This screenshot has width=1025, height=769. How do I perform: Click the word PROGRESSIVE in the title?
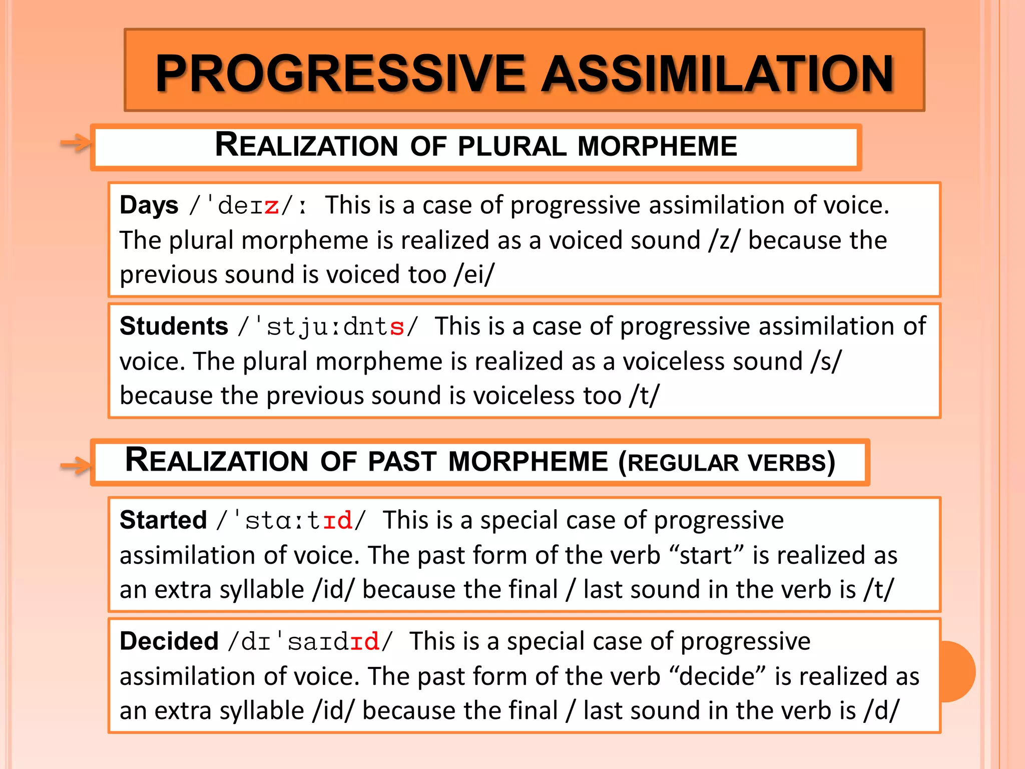[340, 74]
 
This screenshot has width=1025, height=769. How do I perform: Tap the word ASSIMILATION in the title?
[718, 74]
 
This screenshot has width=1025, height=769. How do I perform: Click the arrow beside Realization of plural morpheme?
[75, 144]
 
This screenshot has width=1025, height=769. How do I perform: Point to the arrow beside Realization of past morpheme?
[75, 466]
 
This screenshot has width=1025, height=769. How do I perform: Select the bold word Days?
[149, 205]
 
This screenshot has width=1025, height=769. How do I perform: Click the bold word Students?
[174, 326]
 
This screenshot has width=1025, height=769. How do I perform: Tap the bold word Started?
[163, 520]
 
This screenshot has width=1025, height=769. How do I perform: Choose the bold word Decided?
[169, 641]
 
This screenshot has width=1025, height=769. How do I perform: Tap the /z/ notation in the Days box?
[724, 240]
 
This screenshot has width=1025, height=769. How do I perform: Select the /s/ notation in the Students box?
[826, 361]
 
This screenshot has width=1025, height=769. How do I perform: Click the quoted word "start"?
[706, 555]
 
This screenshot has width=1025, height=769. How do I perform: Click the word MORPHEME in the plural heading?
[657, 146]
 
